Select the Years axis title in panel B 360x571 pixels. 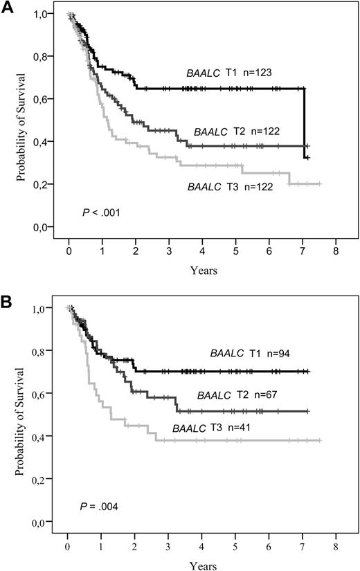pyautogui.click(x=202, y=563)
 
